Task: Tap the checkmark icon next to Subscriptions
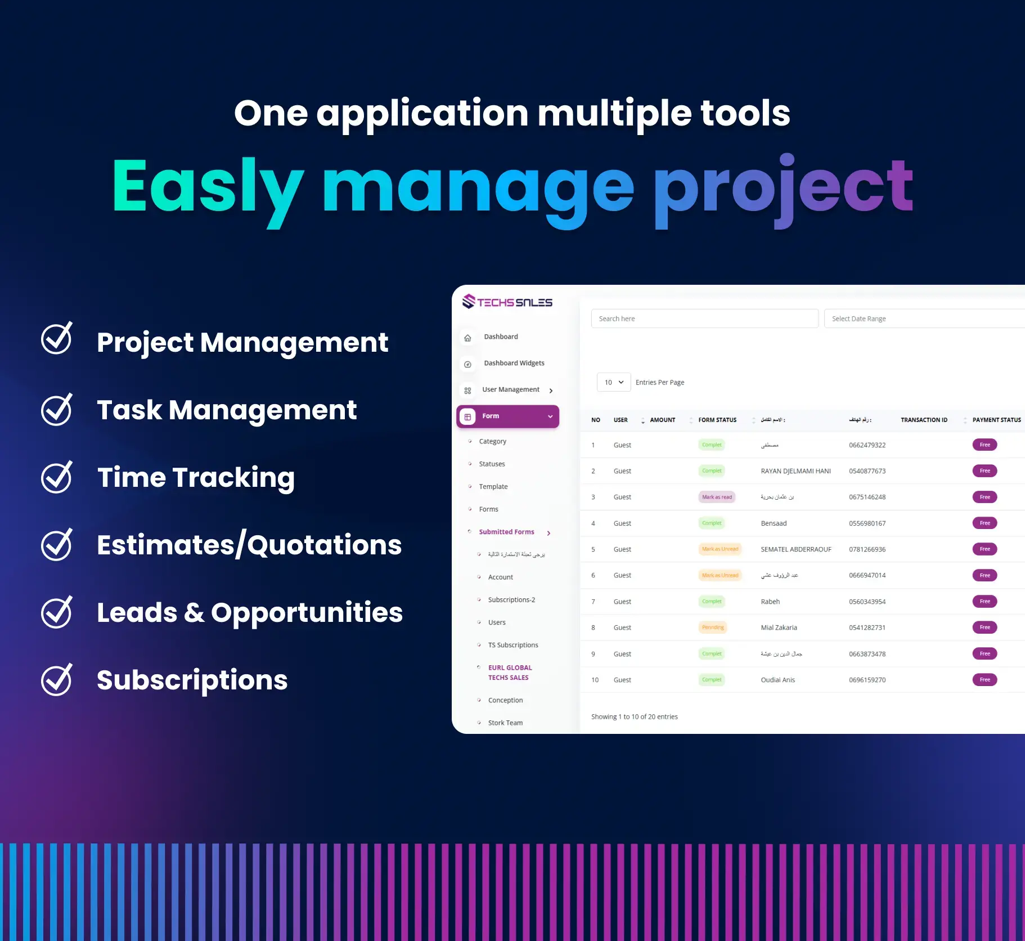[x=56, y=680]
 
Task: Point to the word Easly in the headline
[x=207, y=187]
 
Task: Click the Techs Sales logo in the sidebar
[x=507, y=302]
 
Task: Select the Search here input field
[x=704, y=319]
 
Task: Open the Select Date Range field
[x=923, y=319]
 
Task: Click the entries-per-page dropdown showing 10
[x=613, y=382]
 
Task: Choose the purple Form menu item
[x=507, y=416]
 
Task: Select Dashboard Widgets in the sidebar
[x=514, y=363]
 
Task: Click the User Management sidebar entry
[x=510, y=389]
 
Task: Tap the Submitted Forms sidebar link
[x=506, y=532]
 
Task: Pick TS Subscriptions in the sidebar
[x=513, y=645]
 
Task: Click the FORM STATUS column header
[x=717, y=420]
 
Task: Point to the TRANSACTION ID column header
[x=924, y=420]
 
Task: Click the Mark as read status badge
[x=717, y=497]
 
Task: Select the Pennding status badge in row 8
[x=713, y=628]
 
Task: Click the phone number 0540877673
[x=867, y=471]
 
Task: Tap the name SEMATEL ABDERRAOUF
[x=795, y=549]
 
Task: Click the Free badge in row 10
[x=984, y=680]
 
